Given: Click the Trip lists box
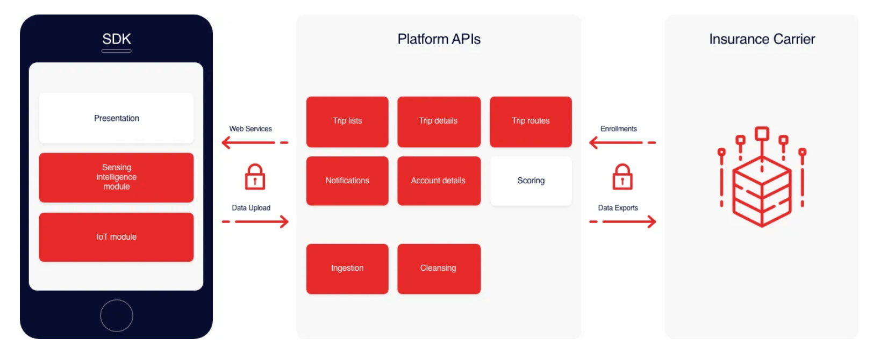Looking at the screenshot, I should click(347, 121).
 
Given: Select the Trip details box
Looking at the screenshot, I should click(439, 121).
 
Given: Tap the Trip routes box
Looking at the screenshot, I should click(531, 121).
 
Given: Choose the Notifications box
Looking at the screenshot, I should click(347, 181).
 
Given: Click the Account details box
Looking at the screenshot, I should click(439, 181).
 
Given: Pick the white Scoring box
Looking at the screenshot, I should click(531, 181).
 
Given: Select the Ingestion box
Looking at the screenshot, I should click(347, 269).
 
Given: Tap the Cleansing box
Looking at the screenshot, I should click(439, 269).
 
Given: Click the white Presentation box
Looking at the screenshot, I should click(116, 118).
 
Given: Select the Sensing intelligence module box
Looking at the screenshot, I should click(116, 177).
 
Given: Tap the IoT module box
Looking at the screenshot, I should click(116, 237).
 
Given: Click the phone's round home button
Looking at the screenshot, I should click(116, 316).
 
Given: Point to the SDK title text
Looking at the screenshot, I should click(116, 39).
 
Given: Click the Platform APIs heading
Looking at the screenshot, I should click(439, 39).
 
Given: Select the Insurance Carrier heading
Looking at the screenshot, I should click(762, 39).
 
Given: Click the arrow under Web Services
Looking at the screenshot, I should click(254, 142).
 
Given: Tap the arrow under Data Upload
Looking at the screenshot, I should click(255, 221).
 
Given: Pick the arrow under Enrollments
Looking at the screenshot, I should click(622, 142).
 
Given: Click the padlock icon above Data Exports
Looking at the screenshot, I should click(622, 177).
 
